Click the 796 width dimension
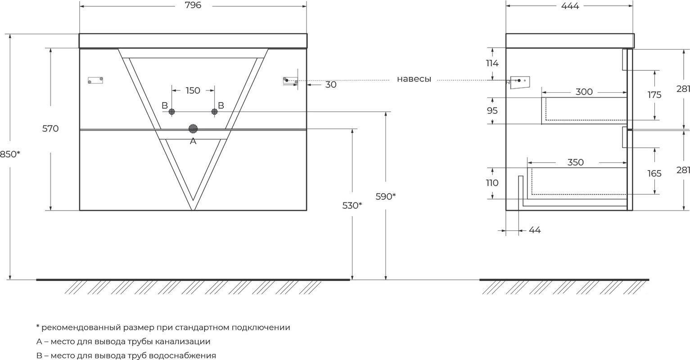(193, 5)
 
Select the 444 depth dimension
(570, 6)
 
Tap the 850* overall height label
(10, 154)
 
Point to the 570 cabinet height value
(50, 128)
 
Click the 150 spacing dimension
(193, 90)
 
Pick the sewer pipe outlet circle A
(193, 129)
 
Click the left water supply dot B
(172, 112)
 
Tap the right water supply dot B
(214, 112)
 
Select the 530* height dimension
(352, 205)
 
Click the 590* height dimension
(385, 196)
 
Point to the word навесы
(414, 79)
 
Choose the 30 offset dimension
(331, 85)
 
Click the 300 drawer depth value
(584, 92)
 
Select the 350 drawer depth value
(575, 162)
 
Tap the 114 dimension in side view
(492, 63)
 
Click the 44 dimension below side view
(535, 230)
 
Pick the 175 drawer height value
(654, 94)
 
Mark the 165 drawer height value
(654, 173)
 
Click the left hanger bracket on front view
(95, 81)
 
